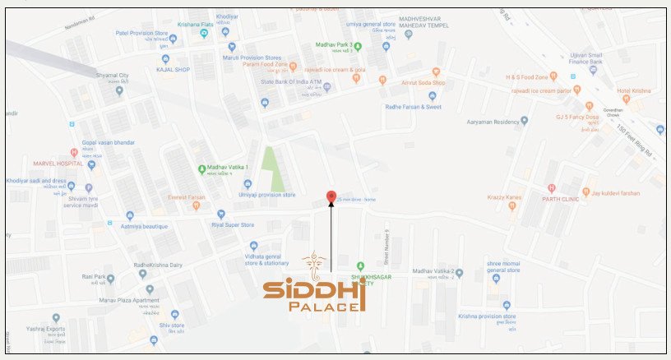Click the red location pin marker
point(331,196)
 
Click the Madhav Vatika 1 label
point(228,168)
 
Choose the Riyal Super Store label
point(233,224)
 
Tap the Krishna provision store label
point(488,316)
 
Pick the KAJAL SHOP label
point(173,70)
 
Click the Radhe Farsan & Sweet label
point(413,107)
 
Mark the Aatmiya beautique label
point(144,226)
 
